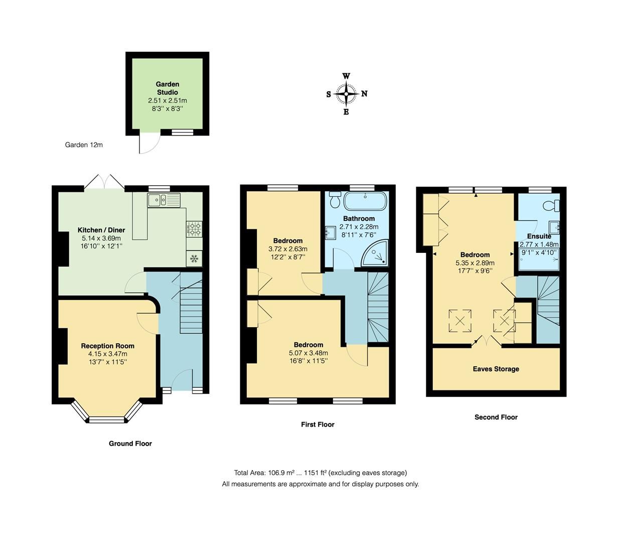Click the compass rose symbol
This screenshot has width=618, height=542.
[x=346, y=94]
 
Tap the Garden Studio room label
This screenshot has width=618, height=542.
[x=167, y=88]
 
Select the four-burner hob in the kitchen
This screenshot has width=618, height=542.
[x=194, y=229]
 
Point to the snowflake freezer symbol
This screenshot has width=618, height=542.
[x=194, y=259]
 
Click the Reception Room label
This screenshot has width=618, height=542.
[x=108, y=346]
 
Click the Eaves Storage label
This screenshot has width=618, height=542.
[x=496, y=369]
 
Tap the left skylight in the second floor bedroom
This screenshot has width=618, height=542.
[x=460, y=320]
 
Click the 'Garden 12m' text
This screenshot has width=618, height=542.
[x=84, y=145]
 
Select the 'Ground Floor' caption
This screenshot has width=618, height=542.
[x=130, y=444]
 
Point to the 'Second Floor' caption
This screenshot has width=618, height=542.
[x=496, y=417]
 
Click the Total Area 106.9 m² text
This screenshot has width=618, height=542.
[x=320, y=473]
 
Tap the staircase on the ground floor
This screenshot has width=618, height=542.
[x=191, y=306]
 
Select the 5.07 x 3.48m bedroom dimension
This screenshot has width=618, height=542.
[x=308, y=353]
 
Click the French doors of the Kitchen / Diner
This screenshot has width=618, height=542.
[x=104, y=182]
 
